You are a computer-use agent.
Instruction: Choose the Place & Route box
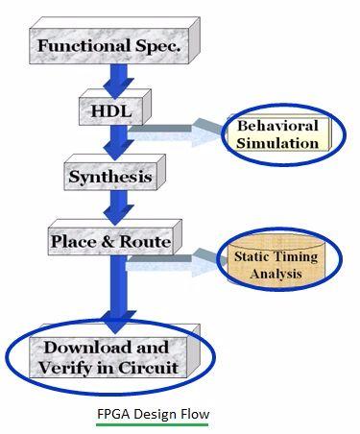click(x=110, y=241)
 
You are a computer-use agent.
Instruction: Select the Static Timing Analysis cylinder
click(x=272, y=265)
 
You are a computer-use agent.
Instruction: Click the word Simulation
click(x=279, y=143)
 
